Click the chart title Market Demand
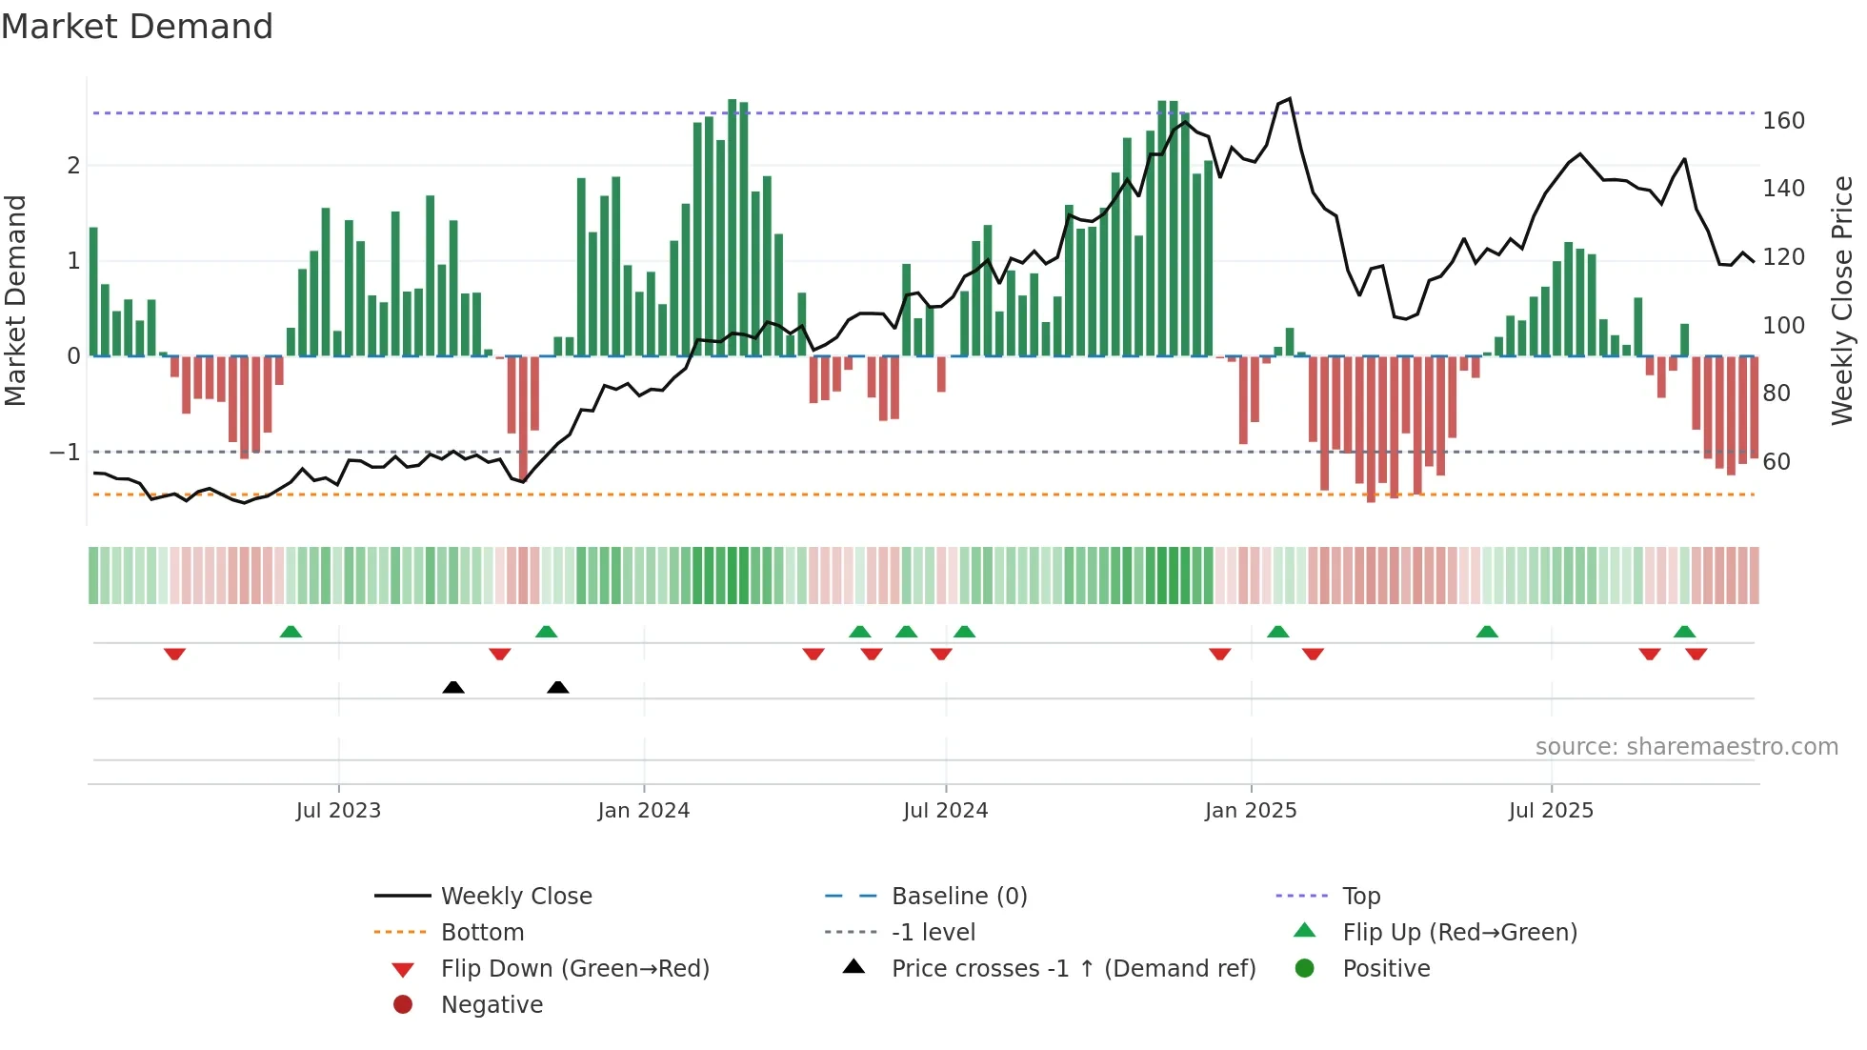(x=137, y=27)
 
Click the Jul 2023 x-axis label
(x=338, y=811)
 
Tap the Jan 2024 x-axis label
(x=644, y=811)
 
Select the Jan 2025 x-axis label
(x=1251, y=811)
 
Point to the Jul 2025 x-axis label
(x=1551, y=811)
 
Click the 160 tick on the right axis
(x=1783, y=121)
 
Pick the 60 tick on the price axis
(x=1777, y=462)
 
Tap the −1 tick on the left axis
(x=65, y=453)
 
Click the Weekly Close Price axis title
(x=1842, y=300)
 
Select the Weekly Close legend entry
(x=515, y=897)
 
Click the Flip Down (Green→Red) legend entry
(x=574, y=969)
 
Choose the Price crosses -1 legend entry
(x=1073, y=969)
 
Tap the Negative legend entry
(x=492, y=1005)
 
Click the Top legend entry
(x=1361, y=897)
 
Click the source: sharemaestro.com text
(x=1686, y=747)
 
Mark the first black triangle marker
(x=453, y=687)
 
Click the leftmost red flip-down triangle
(x=174, y=654)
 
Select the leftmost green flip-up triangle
(x=291, y=632)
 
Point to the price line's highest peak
(x=1290, y=98)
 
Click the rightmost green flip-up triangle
(x=1684, y=632)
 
